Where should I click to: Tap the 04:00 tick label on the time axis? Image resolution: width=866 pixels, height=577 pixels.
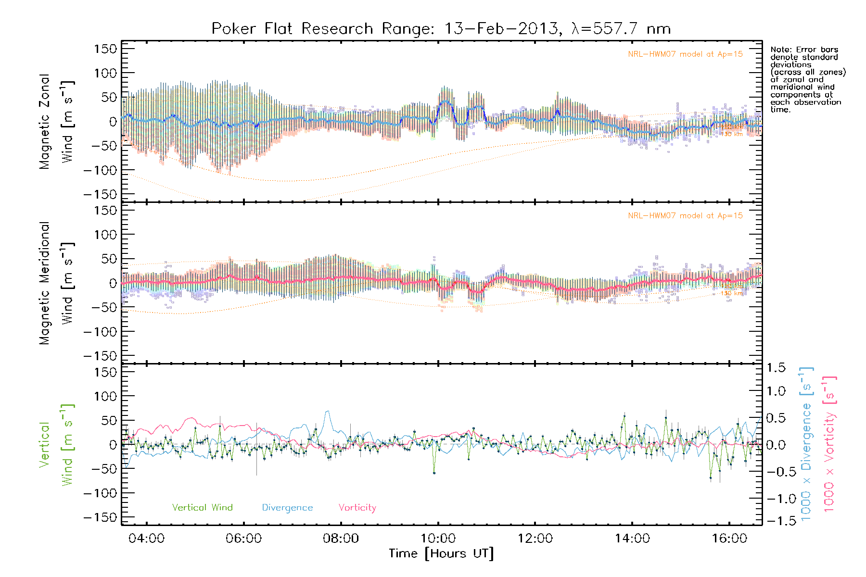[146, 538]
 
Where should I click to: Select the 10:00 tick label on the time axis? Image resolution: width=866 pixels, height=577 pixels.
[438, 538]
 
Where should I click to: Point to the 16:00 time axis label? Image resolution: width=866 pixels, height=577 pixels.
[729, 538]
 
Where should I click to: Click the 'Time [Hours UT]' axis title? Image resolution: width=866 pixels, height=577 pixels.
[441, 553]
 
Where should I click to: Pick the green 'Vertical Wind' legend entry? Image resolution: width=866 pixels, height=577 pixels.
[202, 507]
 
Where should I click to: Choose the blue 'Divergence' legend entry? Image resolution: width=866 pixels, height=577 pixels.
[287, 507]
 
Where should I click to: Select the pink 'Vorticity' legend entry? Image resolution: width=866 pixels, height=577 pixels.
[357, 507]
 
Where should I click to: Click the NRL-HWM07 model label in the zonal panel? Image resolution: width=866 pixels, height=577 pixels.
[685, 54]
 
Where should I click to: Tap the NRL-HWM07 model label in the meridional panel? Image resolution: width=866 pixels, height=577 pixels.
[685, 216]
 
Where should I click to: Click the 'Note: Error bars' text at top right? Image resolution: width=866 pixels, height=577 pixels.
[804, 50]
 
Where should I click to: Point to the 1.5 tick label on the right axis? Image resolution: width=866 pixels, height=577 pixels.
[776, 368]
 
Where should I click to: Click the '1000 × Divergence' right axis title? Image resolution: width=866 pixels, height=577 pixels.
[807, 444]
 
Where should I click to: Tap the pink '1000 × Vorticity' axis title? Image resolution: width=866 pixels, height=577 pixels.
[829, 444]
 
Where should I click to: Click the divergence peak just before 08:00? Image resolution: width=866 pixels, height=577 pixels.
[328, 411]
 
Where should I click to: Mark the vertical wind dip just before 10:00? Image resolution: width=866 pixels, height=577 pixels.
[434, 473]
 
